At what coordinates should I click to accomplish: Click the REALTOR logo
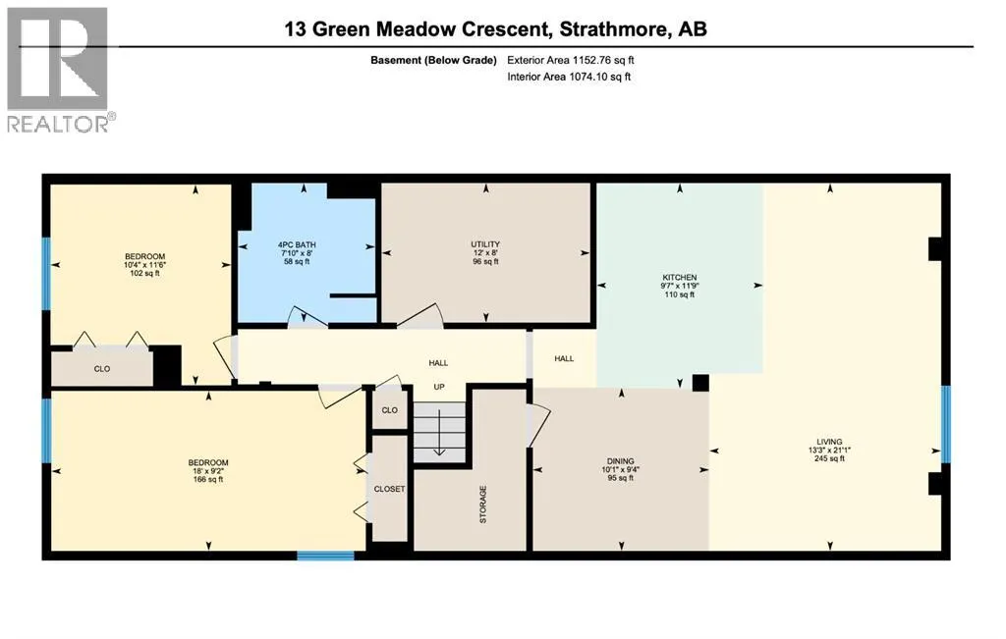(58, 70)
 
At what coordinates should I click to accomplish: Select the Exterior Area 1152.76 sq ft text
(571, 60)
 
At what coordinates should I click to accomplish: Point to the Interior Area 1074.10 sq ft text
(569, 77)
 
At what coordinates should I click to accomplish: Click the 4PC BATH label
(297, 244)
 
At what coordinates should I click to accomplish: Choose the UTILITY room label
(485, 244)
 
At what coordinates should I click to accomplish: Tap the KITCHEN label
(680, 278)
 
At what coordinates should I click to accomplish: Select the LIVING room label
(829, 442)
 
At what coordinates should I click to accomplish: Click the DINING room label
(621, 460)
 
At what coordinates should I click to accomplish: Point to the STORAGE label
(483, 505)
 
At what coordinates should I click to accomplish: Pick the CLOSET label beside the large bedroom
(389, 489)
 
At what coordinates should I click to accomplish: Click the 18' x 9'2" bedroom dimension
(208, 471)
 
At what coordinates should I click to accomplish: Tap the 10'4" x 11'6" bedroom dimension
(145, 265)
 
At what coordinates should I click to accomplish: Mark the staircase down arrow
(439, 433)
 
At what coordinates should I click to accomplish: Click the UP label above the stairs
(439, 387)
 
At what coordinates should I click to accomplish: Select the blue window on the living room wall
(946, 424)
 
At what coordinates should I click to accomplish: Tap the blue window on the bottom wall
(325, 556)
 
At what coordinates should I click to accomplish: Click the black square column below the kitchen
(700, 383)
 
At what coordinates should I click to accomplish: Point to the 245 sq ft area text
(829, 459)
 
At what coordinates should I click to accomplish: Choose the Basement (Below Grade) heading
(433, 60)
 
